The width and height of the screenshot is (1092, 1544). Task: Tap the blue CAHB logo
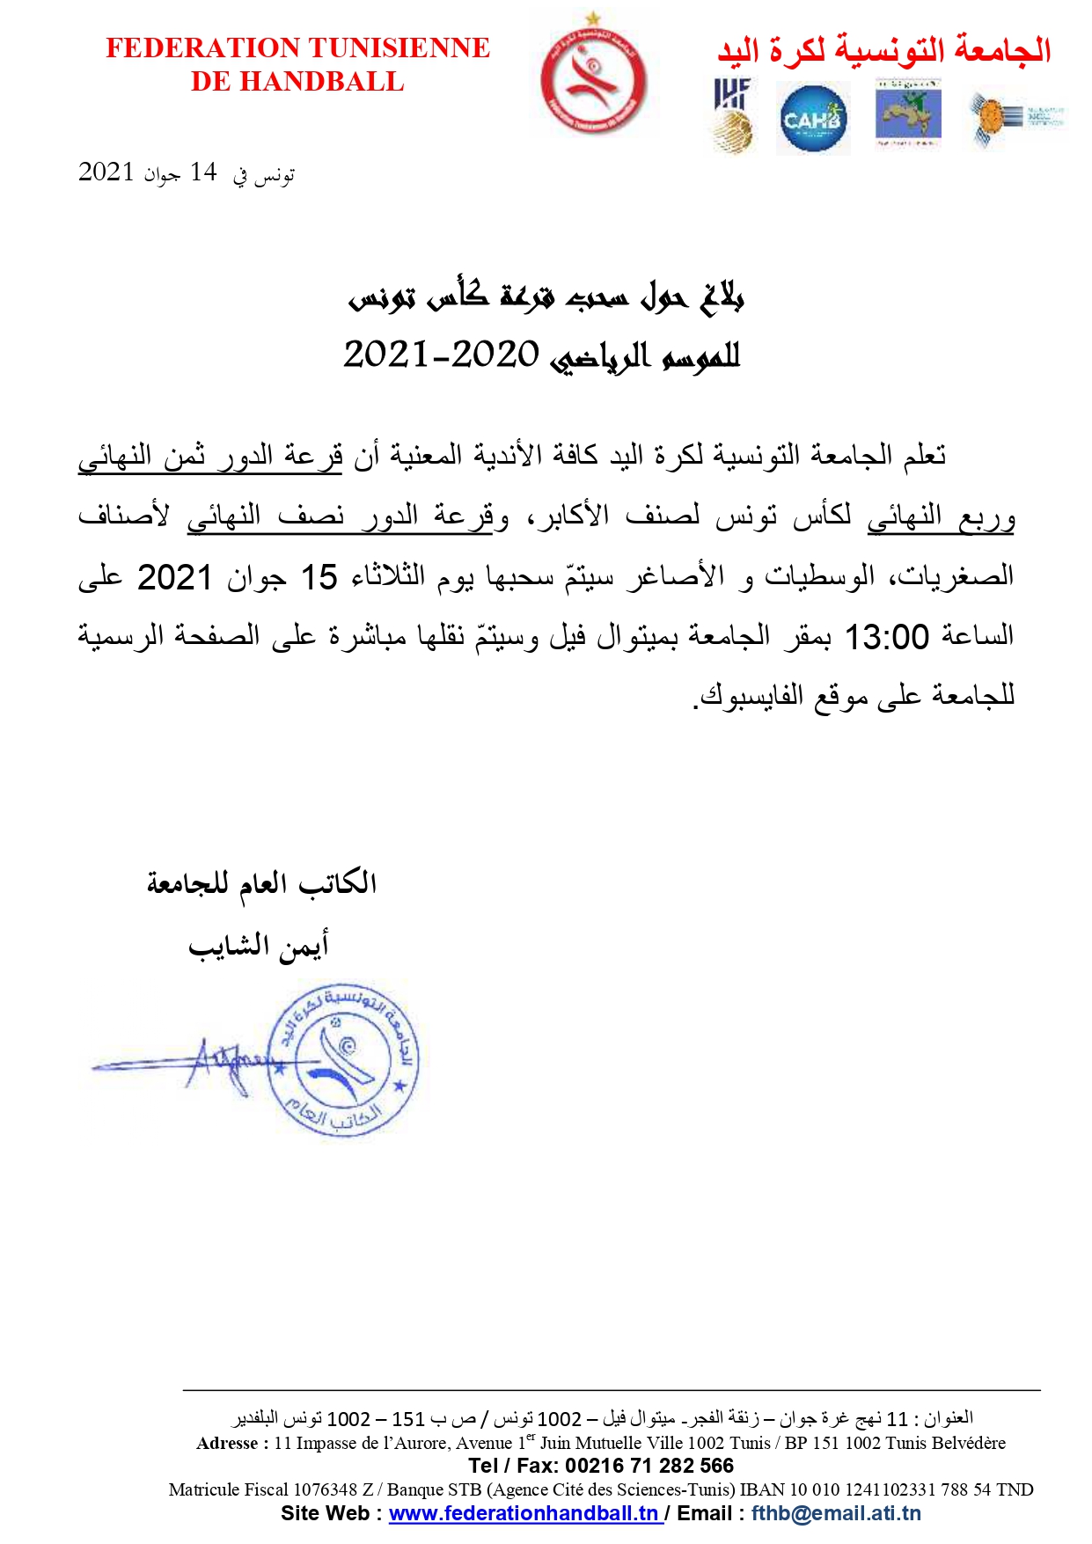click(812, 119)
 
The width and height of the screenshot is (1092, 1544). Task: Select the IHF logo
click(732, 114)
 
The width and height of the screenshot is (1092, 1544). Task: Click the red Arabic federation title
click(883, 50)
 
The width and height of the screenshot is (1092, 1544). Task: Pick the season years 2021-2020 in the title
click(441, 355)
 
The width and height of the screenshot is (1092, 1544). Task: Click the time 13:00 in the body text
click(886, 636)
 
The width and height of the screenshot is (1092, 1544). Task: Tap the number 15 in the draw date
click(319, 578)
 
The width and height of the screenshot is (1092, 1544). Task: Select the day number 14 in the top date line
click(203, 172)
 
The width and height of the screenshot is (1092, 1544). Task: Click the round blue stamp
click(344, 1060)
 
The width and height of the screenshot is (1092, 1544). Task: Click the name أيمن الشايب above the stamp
click(258, 946)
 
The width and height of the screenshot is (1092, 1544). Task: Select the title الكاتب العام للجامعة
click(261, 882)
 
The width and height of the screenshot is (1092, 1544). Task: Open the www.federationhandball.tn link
click(524, 1513)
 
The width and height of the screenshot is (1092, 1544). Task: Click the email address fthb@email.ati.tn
click(836, 1513)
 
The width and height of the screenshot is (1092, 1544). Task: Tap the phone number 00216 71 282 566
click(649, 1466)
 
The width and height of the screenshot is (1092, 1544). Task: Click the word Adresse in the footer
click(227, 1443)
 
